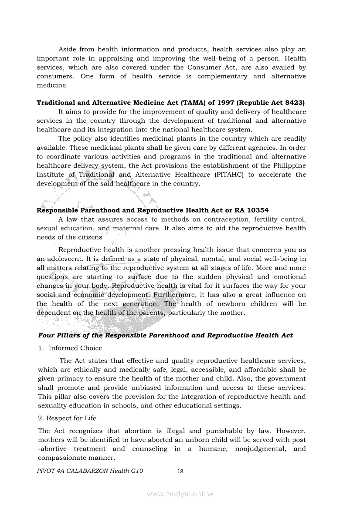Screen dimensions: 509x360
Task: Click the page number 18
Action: (x=180, y=471)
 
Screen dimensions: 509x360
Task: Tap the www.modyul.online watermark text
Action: (x=180, y=494)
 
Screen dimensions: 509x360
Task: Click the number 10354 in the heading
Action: (x=258, y=210)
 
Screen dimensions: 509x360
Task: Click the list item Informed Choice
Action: (x=75, y=348)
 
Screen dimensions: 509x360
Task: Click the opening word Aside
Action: (x=67, y=49)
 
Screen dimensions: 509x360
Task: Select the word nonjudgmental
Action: (x=254, y=449)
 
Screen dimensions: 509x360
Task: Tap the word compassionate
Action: (x=64, y=458)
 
